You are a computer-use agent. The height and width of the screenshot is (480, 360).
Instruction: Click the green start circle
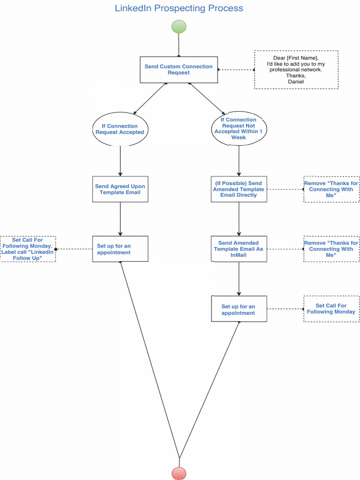(x=179, y=27)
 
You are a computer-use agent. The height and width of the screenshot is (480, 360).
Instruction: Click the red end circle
(x=179, y=473)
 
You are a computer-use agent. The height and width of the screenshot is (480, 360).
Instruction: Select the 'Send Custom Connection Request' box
(x=179, y=70)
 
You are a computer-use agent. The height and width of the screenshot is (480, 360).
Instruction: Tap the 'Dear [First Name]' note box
(x=296, y=69)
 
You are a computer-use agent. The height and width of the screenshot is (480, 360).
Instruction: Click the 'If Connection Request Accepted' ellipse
(x=120, y=129)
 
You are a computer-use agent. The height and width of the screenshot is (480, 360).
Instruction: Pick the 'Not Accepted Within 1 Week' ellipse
(x=239, y=129)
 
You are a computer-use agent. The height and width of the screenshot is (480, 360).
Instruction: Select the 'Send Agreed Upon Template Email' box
(x=120, y=189)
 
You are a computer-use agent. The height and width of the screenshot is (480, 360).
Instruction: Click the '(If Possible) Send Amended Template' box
(x=239, y=189)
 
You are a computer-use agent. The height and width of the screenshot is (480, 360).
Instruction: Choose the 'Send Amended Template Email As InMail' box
(x=239, y=249)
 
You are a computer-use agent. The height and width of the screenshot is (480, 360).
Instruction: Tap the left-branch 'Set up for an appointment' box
(x=120, y=249)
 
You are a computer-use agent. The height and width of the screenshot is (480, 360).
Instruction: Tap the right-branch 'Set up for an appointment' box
(x=239, y=309)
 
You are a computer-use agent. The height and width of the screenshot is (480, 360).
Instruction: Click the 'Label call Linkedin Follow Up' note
(x=28, y=249)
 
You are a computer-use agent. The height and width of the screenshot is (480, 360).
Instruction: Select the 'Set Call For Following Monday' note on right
(x=331, y=309)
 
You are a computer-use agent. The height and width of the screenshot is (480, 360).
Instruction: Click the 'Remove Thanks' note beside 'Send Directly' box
(x=331, y=189)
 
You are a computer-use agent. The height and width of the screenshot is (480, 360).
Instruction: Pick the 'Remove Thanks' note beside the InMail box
(x=331, y=249)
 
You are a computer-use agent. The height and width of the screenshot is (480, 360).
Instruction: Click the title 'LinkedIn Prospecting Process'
(x=179, y=8)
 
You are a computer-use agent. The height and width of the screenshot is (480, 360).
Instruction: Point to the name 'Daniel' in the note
(x=296, y=82)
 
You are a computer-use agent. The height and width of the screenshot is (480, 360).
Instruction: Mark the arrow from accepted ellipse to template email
(x=120, y=161)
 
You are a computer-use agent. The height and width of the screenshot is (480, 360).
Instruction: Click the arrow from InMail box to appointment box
(x=239, y=278)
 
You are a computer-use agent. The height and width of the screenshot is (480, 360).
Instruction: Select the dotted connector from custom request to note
(x=236, y=70)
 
